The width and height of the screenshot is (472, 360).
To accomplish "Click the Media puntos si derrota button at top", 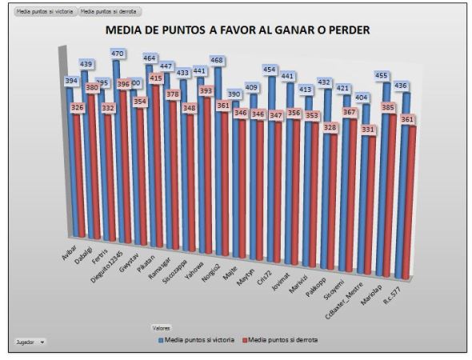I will [x=105, y=14].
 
